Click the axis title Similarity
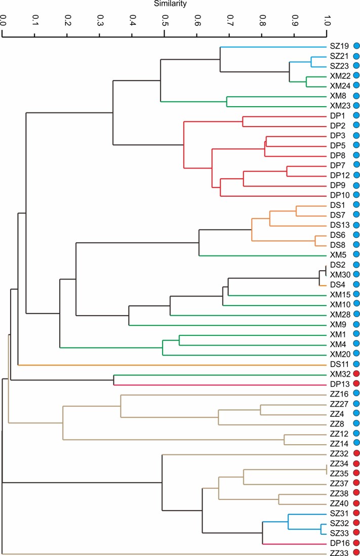click(170, 4)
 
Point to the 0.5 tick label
click(165, 20)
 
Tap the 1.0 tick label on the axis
click(327, 20)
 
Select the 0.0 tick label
click(3, 20)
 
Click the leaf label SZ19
click(339, 46)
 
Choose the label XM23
click(340, 106)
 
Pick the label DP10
click(340, 195)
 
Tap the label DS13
click(340, 225)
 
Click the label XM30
click(340, 274)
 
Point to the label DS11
click(339, 364)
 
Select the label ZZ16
click(339, 394)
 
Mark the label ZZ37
click(339, 483)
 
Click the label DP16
click(340, 543)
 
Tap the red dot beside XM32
click(356, 373)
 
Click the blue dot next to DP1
click(356, 115)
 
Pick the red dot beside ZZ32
click(356, 453)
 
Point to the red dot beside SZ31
click(356, 512)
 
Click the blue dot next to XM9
click(356, 324)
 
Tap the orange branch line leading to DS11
click(172, 365)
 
